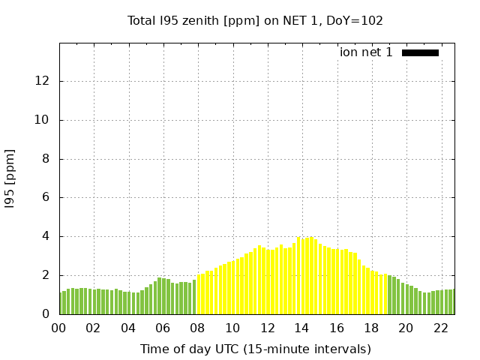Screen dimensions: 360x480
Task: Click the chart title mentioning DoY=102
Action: tap(255, 20)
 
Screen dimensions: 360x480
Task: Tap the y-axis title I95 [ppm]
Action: tap(10, 178)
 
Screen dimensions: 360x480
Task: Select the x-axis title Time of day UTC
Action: tap(255, 349)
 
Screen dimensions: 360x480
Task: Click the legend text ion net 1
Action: tap(366, 52)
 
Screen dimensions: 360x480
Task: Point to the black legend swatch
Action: tap(420, 52)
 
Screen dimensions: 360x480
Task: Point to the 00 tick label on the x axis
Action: tap(59, 328)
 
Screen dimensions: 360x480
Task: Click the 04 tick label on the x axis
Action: tap(129, 328)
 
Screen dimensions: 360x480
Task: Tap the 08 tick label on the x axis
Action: tap(198, 328)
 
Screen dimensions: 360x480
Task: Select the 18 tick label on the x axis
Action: tap(371, 328)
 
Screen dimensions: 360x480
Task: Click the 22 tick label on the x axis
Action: tap(440, 328)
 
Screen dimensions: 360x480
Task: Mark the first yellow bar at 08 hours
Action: tap(199, 295)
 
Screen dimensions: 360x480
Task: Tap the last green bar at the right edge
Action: tap(453, 302)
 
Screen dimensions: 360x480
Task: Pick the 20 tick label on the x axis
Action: tap(406, 328)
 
